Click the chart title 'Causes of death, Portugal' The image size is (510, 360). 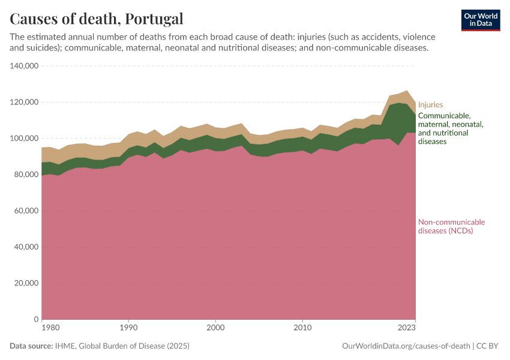pyautogui.click(x=97, y=19)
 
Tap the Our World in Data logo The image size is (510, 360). pyautogui.click(x=481, y=20)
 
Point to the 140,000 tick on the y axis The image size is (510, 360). pyautogui.click(x=25, y=66)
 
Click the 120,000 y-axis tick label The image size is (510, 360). pyautogui.click(x=25, y=102)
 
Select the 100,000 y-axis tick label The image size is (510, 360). pyautogui.click(x=25, y=139)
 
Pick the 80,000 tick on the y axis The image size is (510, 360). pyautogui.click(x=27, y=175)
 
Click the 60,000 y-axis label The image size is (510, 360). pyautogui.click(x=27, y=211)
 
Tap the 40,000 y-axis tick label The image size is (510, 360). pyautogui.click(x=27, y=247)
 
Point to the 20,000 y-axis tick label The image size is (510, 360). pyautogui.click(x=27, y=283)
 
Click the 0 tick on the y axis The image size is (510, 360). pyautogui.click(x=36, y=319)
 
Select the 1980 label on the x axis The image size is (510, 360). pyautogui.click(x=50, y=328)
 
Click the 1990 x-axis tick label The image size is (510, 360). pyautogui.click(x=128, y=328)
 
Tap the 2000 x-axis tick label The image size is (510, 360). pyautogui.click(x=215, y=328)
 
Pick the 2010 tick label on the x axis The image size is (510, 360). pyautogui.click(x=302, y=328)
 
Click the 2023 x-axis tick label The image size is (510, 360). pyautogui.click(x=407, y=328)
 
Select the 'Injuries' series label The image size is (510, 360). pyautogui.click(x=430, y=104)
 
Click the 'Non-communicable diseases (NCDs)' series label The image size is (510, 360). pyautogui.click(x=451, y=226)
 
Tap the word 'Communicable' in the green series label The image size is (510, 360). pyautogui.click(x=444, y=116)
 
